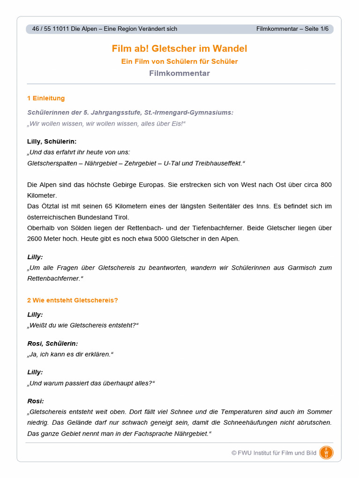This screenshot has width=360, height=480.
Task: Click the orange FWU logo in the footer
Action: (326, 453)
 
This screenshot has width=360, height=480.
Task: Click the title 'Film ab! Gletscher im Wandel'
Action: (180, 49)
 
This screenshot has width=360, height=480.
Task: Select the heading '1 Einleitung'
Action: (46, 98)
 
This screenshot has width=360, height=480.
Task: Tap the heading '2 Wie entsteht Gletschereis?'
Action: (73, 300)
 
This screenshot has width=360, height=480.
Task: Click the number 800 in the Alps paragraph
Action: (326, 185)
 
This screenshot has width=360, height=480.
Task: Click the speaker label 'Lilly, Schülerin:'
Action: (52, 141)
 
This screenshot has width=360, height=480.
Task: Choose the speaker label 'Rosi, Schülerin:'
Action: (52, 344)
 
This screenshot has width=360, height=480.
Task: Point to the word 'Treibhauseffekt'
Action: (217, 163)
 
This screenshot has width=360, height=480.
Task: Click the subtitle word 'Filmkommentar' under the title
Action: (180, 74)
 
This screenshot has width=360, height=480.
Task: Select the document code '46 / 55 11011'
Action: (51, 29)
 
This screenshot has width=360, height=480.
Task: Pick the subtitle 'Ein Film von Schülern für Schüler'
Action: (180, 61)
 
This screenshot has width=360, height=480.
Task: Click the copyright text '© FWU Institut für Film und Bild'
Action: (274, 453)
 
